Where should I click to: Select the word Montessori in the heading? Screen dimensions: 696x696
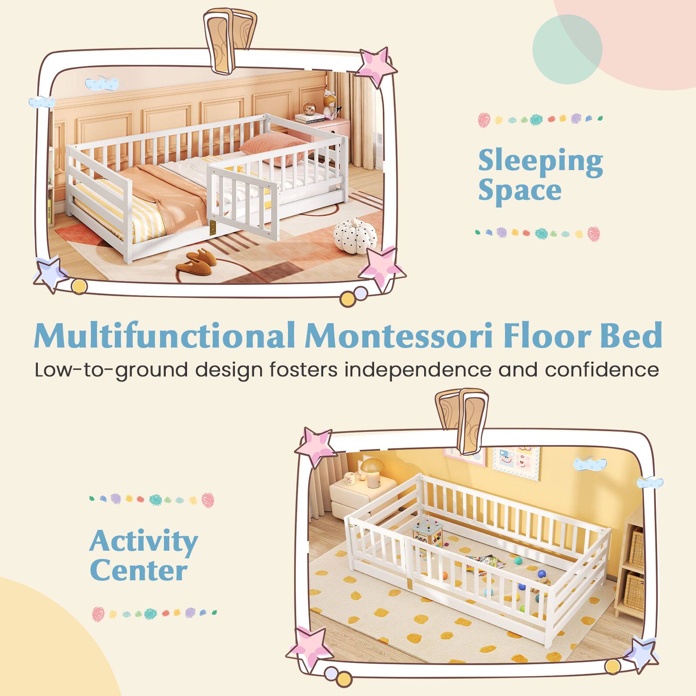tap(398, 336)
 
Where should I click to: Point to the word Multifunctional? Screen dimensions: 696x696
tap(165, 336)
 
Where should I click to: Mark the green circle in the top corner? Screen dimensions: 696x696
tap(567, 50)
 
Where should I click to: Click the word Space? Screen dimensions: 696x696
tap(520, 191)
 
